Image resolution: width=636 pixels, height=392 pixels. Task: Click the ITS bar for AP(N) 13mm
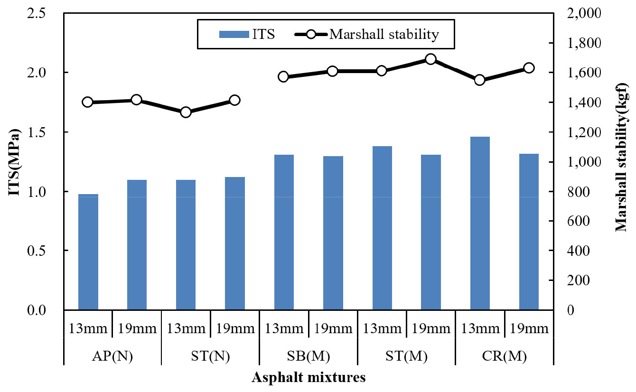[88, 252]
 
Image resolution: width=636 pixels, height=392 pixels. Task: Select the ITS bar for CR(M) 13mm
[480, 223]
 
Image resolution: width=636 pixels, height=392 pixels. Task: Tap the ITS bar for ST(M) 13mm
[382, 228]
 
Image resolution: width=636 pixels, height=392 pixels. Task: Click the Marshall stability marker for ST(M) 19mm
[430, 59]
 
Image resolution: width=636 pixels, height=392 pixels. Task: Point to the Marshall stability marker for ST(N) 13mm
[186, 112]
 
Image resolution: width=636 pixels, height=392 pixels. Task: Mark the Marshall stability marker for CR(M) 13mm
[480, 80]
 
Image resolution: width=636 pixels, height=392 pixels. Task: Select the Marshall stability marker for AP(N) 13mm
[88, 102]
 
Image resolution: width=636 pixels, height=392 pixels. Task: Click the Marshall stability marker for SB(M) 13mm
[284, 76]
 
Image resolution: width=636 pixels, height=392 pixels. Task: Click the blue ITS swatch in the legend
[234, 34]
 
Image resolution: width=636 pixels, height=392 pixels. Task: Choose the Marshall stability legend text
[384, 34]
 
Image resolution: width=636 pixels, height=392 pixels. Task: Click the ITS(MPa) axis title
[15, 161]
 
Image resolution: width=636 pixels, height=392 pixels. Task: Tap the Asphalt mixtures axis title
[309, 378]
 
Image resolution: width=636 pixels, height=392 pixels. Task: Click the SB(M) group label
[309, 356]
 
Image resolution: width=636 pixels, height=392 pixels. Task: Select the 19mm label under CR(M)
[529, 328]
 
